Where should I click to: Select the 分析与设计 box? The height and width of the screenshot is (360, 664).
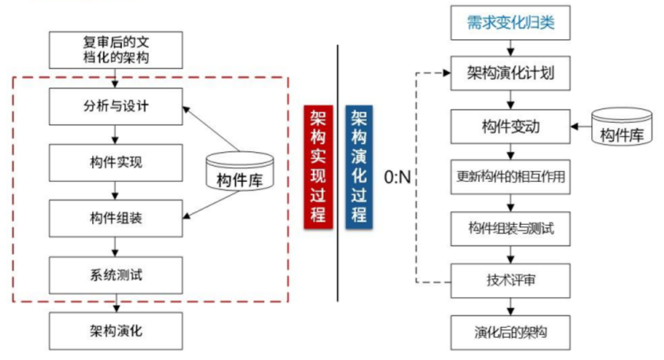point(115,107)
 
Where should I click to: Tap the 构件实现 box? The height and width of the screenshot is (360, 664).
point(115,162)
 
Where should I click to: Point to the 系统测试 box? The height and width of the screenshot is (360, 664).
point(115,274)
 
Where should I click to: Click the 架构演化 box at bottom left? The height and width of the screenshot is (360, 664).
point(115,331)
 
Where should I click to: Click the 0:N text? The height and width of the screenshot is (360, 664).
point(398,178)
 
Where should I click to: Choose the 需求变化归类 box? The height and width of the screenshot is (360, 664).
point(510,24)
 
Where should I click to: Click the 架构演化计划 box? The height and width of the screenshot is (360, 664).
point(510,74)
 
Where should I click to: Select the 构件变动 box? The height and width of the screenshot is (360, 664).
point(510,126)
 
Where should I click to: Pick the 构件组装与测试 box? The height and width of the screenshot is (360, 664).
point(510,228)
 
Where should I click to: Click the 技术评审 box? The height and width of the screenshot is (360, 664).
point(510,279)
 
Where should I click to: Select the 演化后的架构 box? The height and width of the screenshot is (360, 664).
point(510,332)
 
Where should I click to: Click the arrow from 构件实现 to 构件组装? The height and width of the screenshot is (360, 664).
point(115,190)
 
